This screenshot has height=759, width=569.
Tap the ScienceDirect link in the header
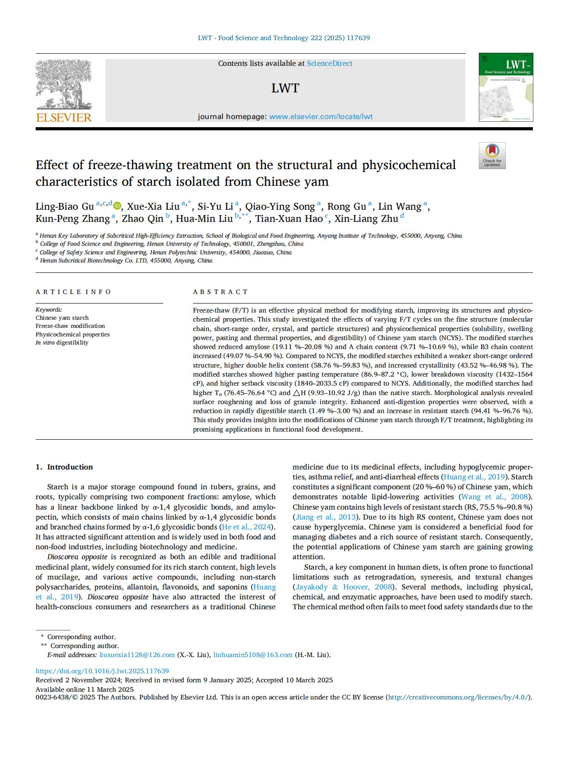[x=329, y=64]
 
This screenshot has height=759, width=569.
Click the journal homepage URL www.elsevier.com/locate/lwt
[x=321, y=117]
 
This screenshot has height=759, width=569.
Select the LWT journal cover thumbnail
[x=505, y=87]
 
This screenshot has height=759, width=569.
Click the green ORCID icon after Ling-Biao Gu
[x=117, y=206]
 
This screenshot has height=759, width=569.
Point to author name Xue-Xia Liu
[x=153, y=207]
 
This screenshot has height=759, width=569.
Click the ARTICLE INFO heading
[x=73, y=292]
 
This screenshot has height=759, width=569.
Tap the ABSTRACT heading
[x=220, y=292]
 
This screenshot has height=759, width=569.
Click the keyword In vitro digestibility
[x=62, y=343]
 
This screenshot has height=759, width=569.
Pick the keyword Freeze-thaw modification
[x=70, y=326]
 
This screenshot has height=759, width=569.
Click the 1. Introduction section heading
[x=64, y=467]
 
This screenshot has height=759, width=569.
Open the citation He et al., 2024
[x=247, y=527]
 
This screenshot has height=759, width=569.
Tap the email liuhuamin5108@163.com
[x=252, y=655]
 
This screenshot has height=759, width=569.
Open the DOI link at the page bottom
[x=102, y=671]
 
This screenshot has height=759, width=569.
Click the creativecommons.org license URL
[x=458, y=697]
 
